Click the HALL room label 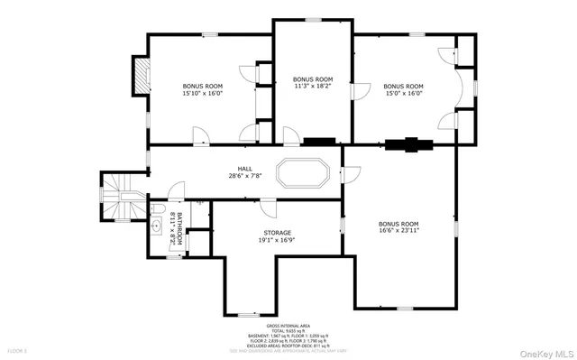[244, 168]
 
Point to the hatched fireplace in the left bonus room [140, 76]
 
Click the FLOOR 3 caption [18, 349]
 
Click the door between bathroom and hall [178, 191]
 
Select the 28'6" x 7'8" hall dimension [244, 176]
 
